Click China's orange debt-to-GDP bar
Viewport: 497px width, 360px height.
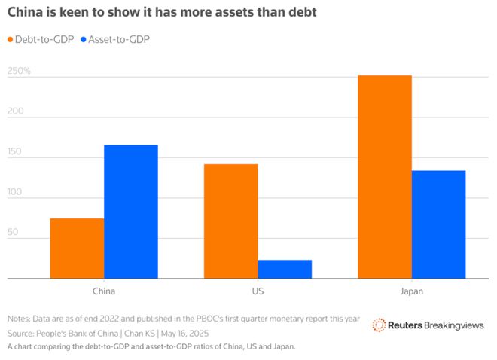[x=77, y=249]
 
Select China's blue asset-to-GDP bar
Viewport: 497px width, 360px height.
[x=131, y=212]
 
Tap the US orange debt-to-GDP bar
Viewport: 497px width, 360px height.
[x=230, y=221]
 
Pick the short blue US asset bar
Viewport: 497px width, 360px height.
[x=285, y=269]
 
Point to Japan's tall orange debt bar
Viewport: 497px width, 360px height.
[x=385, y=177]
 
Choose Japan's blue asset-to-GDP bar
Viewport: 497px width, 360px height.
[x=438, y=224]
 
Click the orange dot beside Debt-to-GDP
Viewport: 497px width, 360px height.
[x=11, y=39]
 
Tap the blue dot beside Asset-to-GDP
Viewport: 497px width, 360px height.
[x=84, y=39]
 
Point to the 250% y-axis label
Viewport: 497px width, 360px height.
[x=19, y=72]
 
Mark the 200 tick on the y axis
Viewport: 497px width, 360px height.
[x=16, y=112]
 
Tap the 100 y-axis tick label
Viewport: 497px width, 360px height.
[x=16, y=193]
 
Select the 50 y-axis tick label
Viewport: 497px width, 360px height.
[x=14, y=233]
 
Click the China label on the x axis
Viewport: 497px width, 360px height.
[x=104, y=290]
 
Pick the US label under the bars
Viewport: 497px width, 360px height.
[x=258, y=290]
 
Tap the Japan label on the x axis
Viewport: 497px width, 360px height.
[x=411, y=290]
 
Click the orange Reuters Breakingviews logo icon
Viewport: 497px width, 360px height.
[x=379, y=325]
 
